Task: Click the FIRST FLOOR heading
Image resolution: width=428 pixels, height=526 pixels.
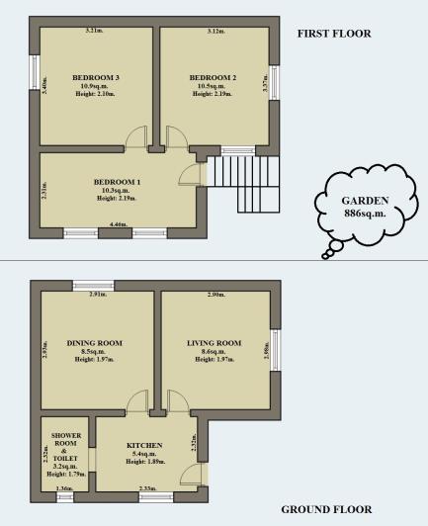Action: (x=334, y=34)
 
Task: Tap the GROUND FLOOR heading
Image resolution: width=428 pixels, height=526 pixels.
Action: (x=325, y=509)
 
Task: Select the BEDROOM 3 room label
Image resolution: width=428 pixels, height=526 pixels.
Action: (x=96, y=77)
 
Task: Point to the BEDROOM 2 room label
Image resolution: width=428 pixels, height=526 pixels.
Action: (x=213, y=77)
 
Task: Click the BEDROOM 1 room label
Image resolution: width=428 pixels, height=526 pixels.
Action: (x=118, y=182)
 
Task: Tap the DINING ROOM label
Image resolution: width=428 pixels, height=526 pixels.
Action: (x=95, y=343)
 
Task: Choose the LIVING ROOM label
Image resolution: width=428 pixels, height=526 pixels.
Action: (x=214, y=343)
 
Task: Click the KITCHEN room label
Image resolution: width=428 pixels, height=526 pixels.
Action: (x=144, y=446)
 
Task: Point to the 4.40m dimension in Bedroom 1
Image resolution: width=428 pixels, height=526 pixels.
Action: (x=119, y=224)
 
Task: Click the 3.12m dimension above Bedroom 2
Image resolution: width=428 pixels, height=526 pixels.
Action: (x=214, y=32)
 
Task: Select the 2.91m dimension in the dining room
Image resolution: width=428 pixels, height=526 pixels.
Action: (x=97, y=296)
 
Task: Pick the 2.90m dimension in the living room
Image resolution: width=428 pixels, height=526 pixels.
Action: (x=215, y=296)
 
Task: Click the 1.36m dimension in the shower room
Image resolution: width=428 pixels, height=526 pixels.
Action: (x=65, y=488)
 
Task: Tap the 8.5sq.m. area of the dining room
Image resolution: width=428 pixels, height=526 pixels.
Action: (x=95, y=352)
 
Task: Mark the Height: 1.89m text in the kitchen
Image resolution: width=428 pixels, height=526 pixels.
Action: (x=147, y=464)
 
